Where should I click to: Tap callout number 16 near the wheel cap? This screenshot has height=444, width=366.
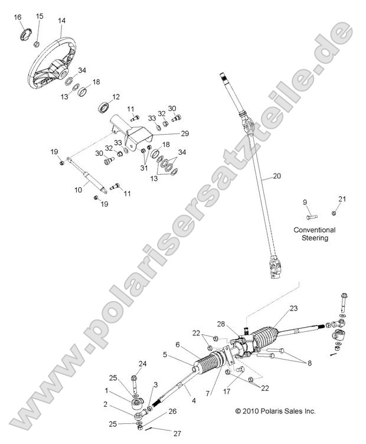[x=18, y=18]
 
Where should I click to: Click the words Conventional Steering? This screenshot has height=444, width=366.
[x=313, y=234]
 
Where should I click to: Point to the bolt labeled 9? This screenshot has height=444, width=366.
[x=311, y=214]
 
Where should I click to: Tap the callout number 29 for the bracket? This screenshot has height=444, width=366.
[x=168, y=133]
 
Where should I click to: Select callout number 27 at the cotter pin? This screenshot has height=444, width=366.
[x=177, y=433]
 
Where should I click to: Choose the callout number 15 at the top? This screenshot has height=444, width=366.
[x=40, y=16]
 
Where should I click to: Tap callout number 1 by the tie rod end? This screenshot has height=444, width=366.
[x=106, y=391]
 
